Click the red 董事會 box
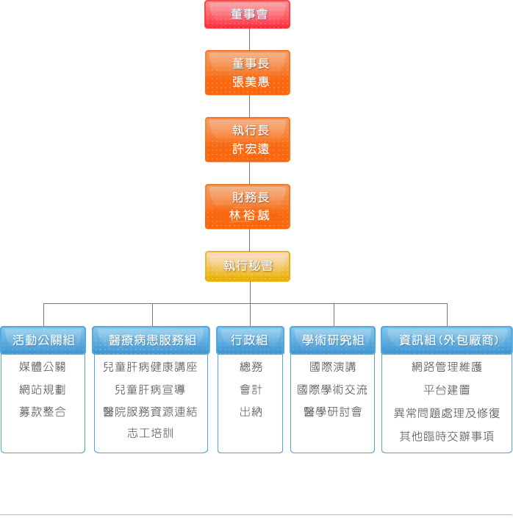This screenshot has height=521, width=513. [247, 14]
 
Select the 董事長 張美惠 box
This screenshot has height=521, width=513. [248, 72]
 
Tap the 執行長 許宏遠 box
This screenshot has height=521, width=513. [248, 140]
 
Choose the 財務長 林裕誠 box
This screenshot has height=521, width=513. [248, 206]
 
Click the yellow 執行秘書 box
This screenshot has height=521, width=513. [248, 266]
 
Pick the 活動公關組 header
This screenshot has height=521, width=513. [43, 340]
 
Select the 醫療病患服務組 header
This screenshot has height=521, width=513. [151, 340]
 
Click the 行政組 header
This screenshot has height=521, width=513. [250, 340]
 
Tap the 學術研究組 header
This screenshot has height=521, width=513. [332, 340]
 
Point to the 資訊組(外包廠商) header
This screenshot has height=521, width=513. [447, 340]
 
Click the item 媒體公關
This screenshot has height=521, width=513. [43, 366]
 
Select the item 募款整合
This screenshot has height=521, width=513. [43, 412]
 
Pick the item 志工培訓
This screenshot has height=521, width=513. [151, 433]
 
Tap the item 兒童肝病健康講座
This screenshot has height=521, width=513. [151, 366]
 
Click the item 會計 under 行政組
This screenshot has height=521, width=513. [251, 389]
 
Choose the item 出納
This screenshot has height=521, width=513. [251, 412]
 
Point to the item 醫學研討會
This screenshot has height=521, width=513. [333, 412]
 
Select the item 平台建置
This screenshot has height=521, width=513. [447, 389]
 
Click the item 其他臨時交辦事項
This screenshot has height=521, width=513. [447, 436]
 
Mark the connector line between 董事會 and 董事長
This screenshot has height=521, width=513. [250, 40]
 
